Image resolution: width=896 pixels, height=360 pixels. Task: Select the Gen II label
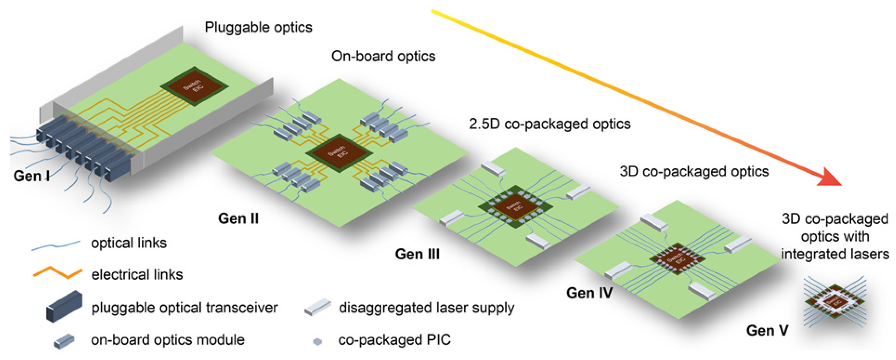pos(238,218)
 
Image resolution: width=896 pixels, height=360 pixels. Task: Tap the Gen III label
pos(417,254)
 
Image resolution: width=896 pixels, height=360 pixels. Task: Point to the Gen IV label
pos(589,293)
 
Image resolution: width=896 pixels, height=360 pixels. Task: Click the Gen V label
pos(767,330)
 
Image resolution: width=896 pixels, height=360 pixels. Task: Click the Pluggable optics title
pos(258,27)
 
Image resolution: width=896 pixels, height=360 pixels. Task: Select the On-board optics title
pos(383,56)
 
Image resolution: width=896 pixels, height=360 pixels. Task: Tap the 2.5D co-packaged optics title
pos(550,124)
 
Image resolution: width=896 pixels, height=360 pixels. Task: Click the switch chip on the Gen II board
pos(339,153)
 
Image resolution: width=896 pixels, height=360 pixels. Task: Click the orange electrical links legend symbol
pos(58,273)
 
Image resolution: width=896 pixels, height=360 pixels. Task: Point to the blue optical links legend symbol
pos(56,245)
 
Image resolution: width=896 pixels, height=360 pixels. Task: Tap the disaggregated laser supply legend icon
pos(317,307)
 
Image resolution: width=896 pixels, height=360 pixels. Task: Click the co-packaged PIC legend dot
pos(317,341)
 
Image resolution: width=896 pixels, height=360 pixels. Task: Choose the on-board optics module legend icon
pos(64,341)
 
